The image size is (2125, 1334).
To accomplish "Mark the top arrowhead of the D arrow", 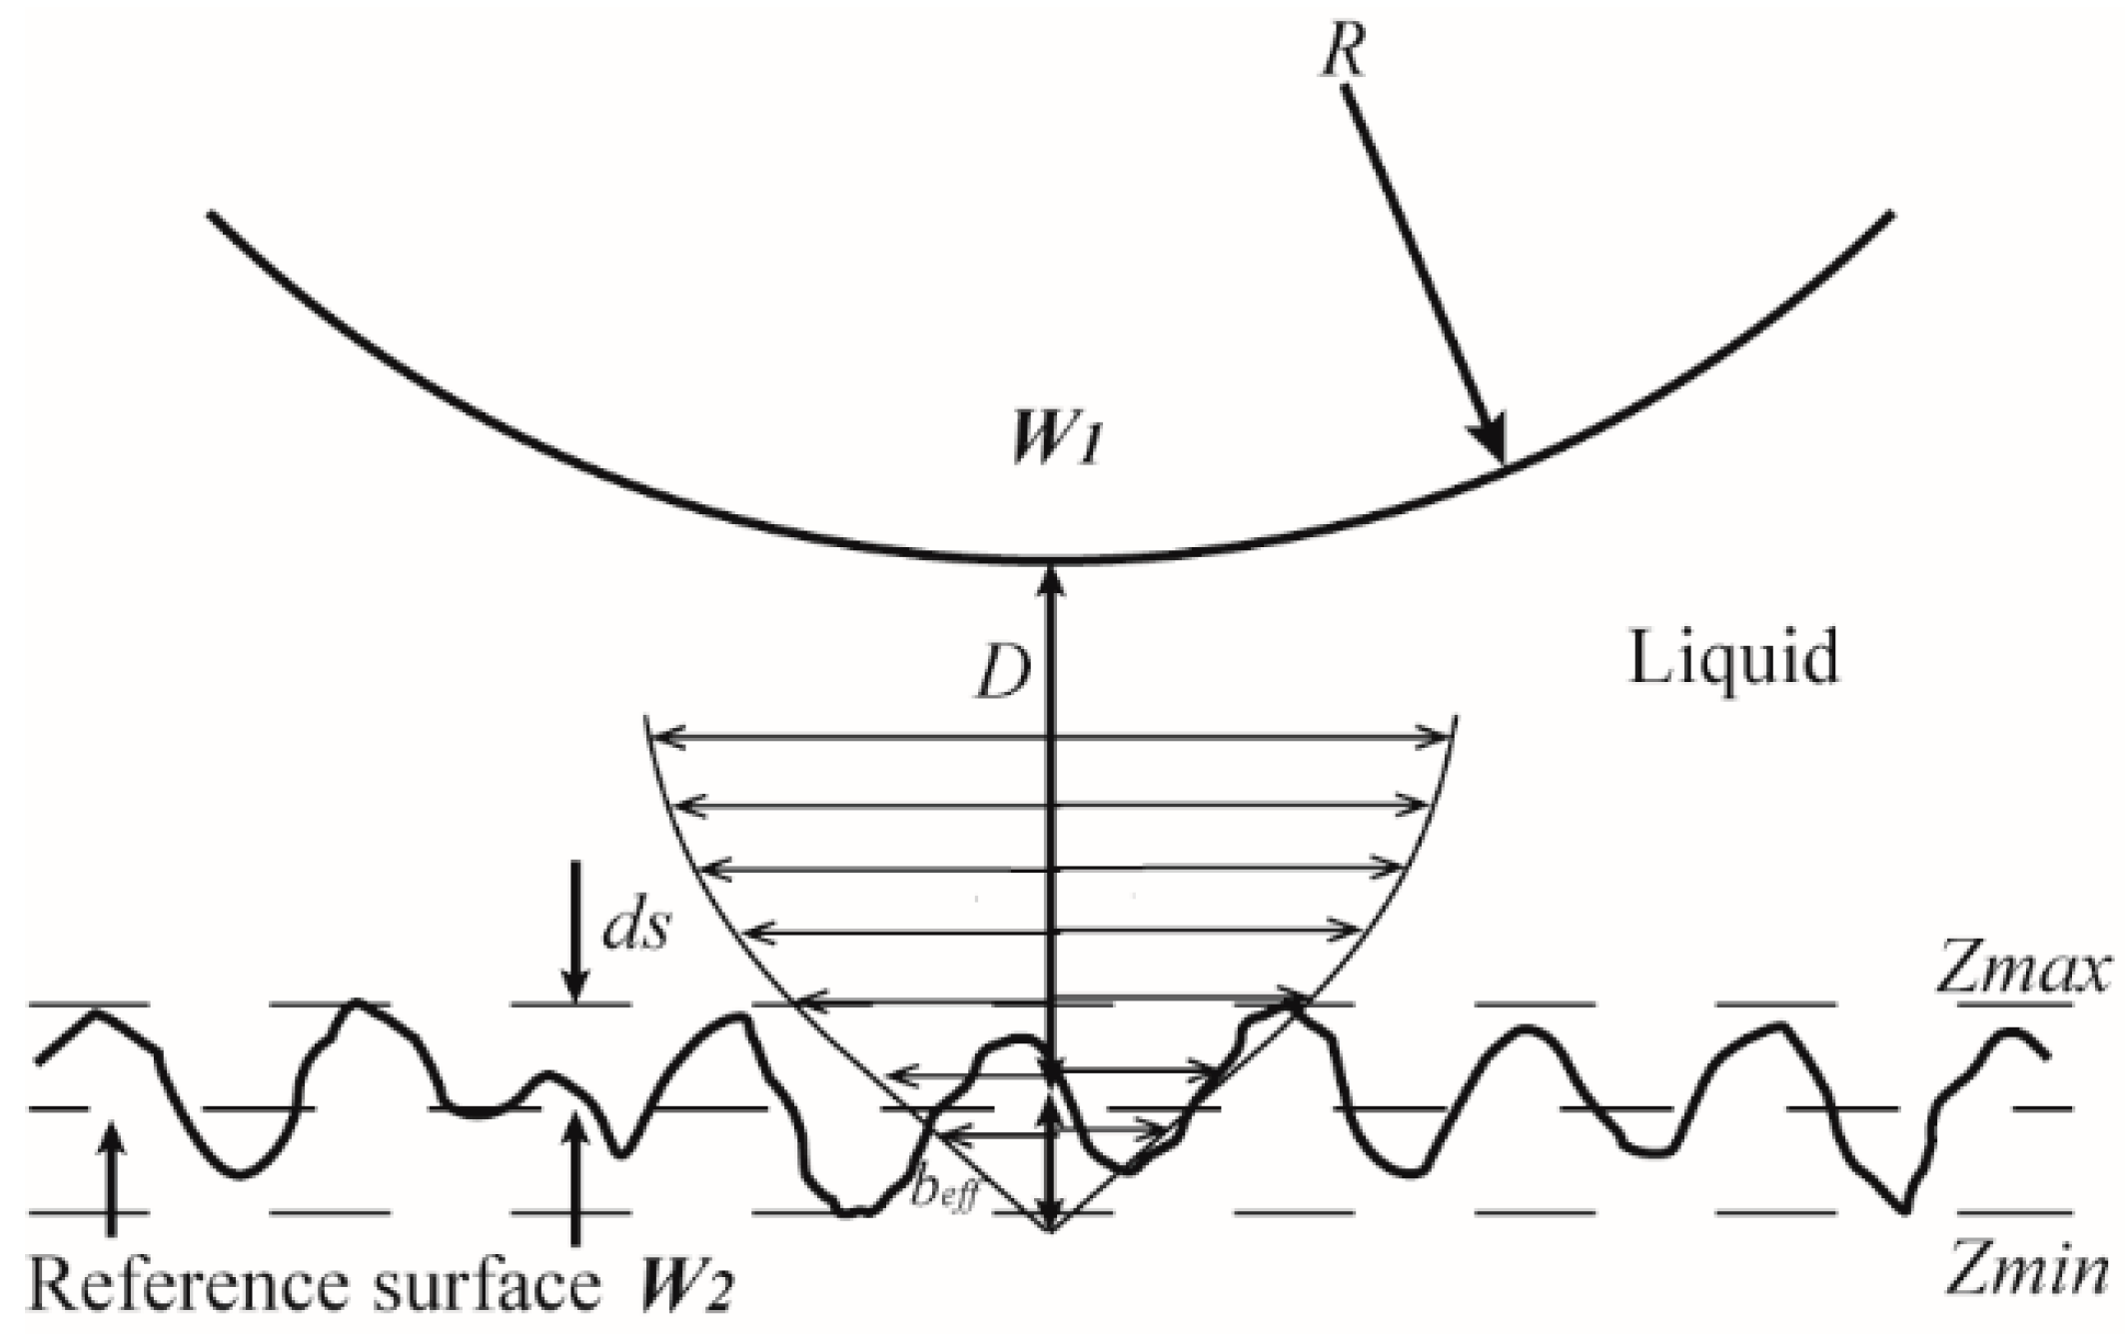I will [1050, 577].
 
